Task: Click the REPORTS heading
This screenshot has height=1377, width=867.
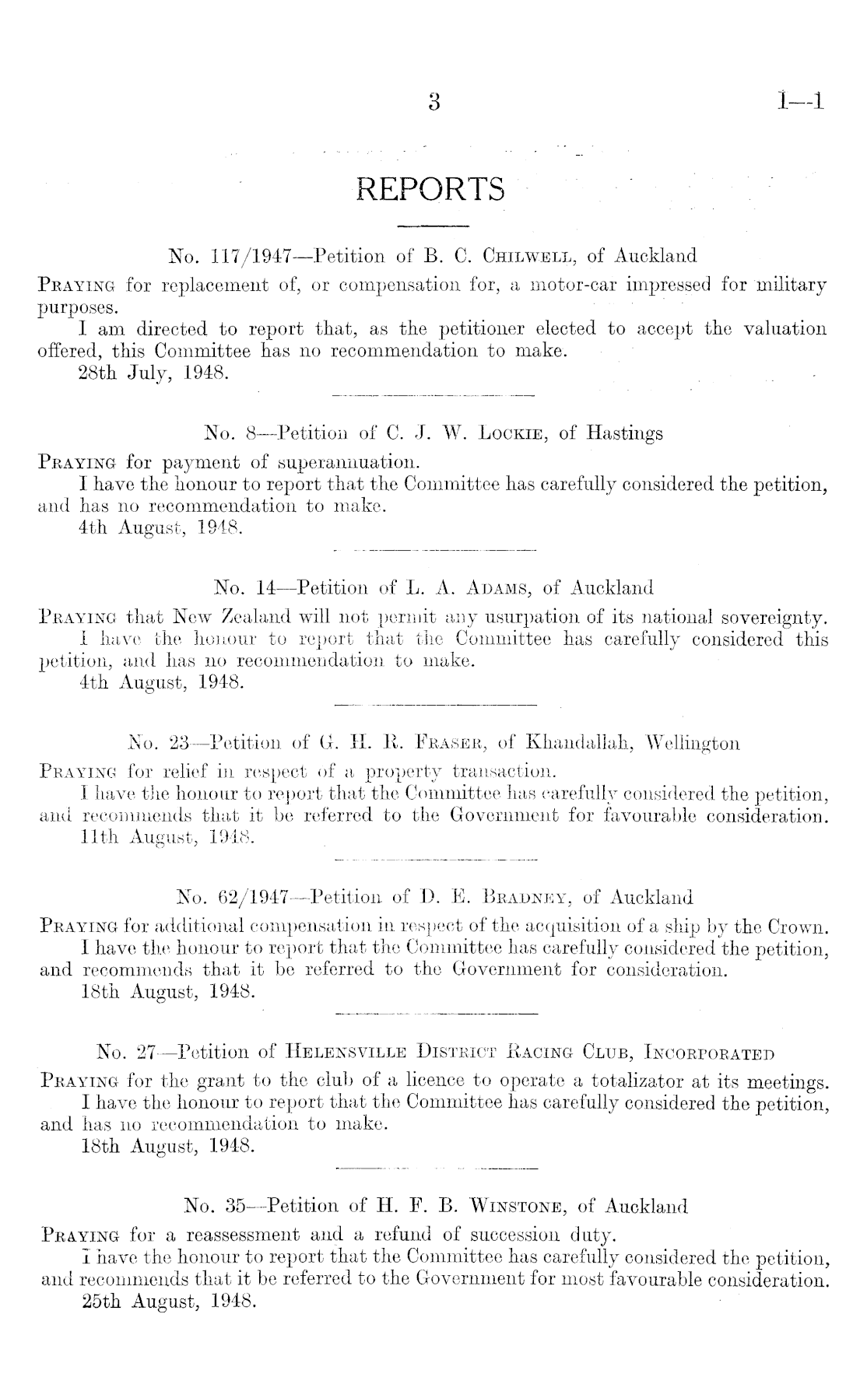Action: (430, 189)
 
